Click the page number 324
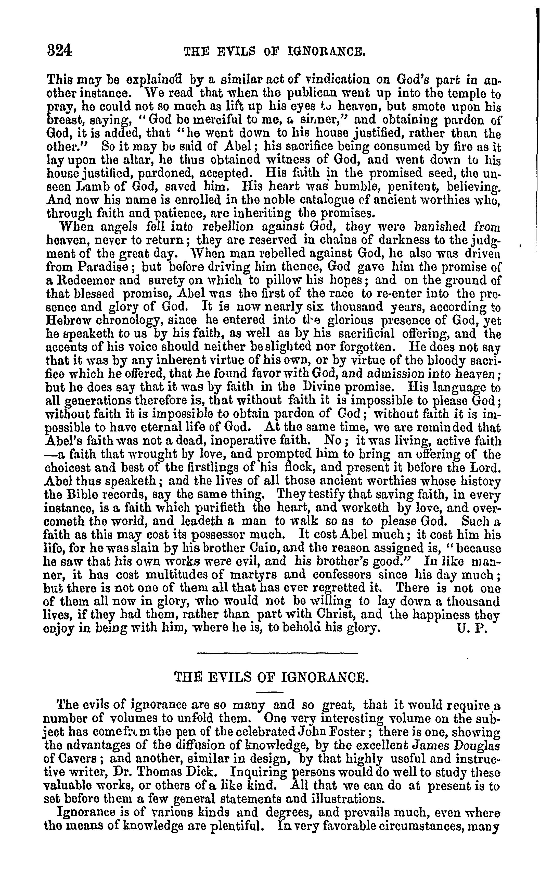(x=60, y=50)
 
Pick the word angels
(x=118, y=227)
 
